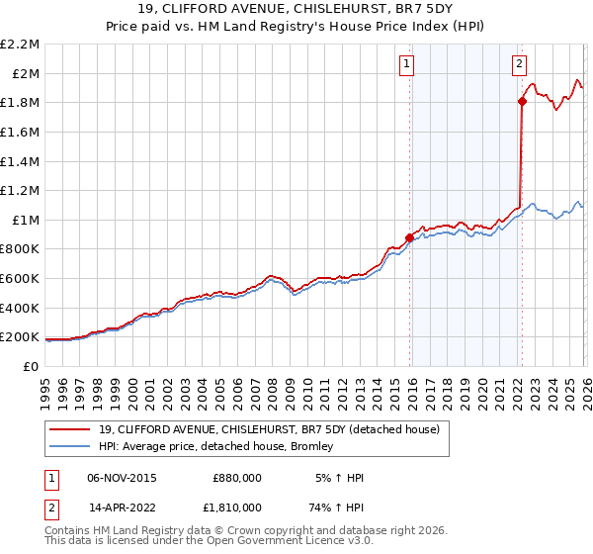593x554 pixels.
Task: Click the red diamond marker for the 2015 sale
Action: pyautogui.click(x=409, y=237)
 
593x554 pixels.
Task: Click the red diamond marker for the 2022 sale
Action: pyautogui.click(x=522, y=101)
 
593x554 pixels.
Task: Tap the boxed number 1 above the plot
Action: pyautogui.click(x=406, y=65)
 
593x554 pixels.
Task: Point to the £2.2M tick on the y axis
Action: pyautogui.click(x=21, y=45)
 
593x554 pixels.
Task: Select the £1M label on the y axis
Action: pyautogui.click(x=26, y=220)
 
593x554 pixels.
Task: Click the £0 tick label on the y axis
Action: pyautogui.click(x=32, y=366)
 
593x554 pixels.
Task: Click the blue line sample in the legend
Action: pyautogui.click(x=71, y=446)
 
